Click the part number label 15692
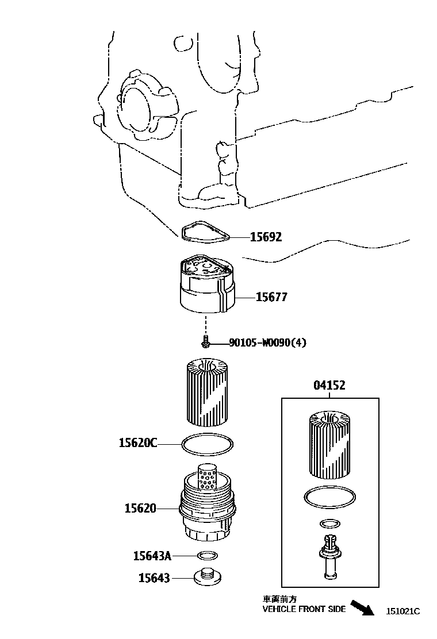pos(266,237)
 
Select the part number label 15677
pos(271,297)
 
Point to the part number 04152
pos(329,386)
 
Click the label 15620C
pos(138,442)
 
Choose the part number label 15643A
pos(152,556)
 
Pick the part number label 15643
pos(154,578)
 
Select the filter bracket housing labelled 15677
pos(207,287)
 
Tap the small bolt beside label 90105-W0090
pos(205,343)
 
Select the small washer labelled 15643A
pos(208,556)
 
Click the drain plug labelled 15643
pos(207,578)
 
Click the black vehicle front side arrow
pos(363,607)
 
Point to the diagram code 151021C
pos(403,611)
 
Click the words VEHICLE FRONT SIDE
pos(304,609)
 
